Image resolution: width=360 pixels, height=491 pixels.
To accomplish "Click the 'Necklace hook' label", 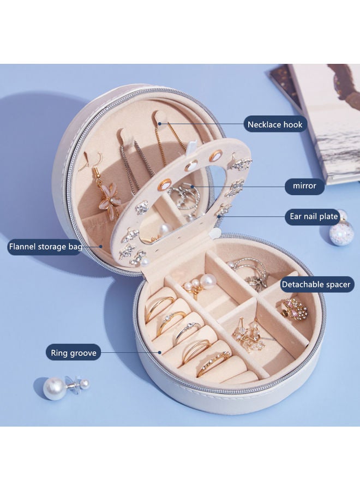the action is click(x=274, y=124).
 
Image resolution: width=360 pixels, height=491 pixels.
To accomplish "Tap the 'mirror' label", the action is click(x=304, y=185).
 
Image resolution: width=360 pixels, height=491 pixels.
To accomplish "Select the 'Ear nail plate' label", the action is click(x=313, y=217).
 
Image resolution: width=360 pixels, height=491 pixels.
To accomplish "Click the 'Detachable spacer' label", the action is click(x=316, y=284).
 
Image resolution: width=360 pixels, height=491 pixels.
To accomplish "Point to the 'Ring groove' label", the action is click(x=74, y=353).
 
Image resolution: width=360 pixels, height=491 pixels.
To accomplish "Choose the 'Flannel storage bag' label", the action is click(x=45, y=247).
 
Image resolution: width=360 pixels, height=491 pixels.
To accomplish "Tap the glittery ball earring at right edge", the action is click(x=339, y=231).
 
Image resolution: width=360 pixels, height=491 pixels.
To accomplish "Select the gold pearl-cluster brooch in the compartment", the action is click(x=295, y=307).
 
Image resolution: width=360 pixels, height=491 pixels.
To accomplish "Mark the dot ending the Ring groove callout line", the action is click(x=160, y=352).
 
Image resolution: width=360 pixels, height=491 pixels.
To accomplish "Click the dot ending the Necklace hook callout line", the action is click(x=160, y=124).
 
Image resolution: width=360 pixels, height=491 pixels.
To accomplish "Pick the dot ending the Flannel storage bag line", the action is click(x=101, y=246).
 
